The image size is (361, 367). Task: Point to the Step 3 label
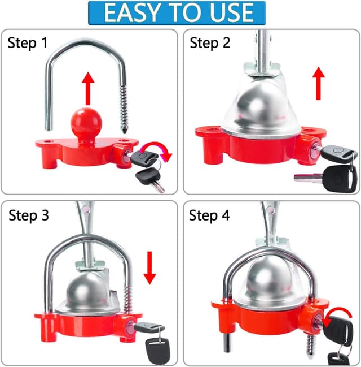(x=29, y=215)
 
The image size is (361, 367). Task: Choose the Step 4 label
(x=210, y=215)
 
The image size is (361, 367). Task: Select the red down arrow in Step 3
(x=149, y=267)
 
